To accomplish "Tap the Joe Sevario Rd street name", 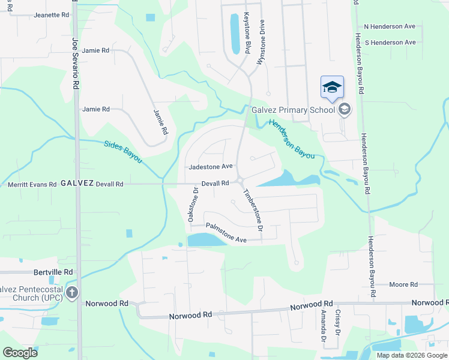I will pyautogui.click(x=76, y=64).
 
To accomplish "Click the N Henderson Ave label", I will pyautogui.click(x=390, y=27).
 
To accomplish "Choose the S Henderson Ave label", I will pyautogui.click(x=390, y=43).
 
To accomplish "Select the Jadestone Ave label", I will pyautogui.click(x=210, y=167).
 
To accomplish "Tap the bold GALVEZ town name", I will pyautogui.click(x=76, y=184).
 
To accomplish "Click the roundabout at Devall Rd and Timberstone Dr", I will pyautogui.click(x=240, y=180).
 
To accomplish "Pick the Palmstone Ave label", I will pyautogui.click(x=226, y=233).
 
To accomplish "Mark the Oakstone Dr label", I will pyautogui.click(x=194, y=206).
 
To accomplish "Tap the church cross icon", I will pyautogui.click(x=72, y=293).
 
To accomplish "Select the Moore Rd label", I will pyautogui.click(x=403, y=284).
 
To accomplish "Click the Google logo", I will pyautogui.click(x=20, y=353).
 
